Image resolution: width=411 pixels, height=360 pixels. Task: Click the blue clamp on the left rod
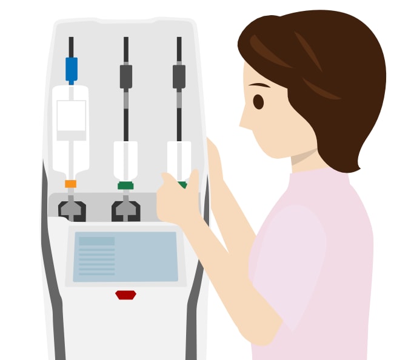(x=72, y=68)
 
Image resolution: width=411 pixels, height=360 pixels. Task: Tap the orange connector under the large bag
(x=71, y=184)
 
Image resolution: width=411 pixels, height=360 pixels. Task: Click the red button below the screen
(x=125, y=295)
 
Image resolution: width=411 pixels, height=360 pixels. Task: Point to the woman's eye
(x=258, y=102)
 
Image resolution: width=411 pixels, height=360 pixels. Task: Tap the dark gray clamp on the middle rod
(x=125, y=76)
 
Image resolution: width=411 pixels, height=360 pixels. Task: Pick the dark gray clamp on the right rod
(x=179, y=76)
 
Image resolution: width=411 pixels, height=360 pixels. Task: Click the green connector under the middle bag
(x=125, y=185)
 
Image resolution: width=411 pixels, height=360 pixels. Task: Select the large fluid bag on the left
(x=71, y=130)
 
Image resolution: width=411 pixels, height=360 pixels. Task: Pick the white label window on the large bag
(x=71, y=116)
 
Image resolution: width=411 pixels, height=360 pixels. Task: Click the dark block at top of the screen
(x=96, y=241)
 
